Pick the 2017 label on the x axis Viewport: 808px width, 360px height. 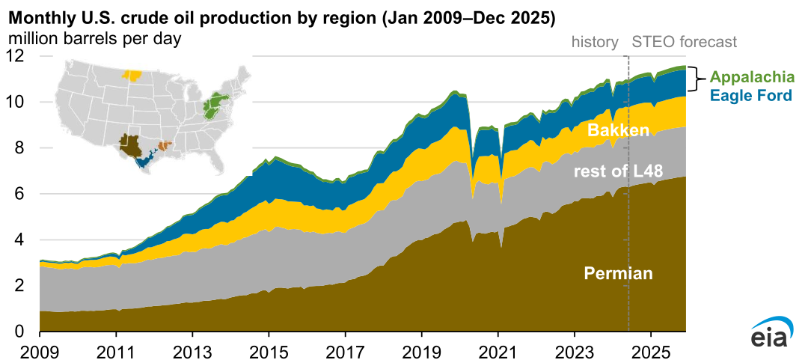coord(345,350)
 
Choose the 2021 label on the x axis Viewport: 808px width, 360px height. coord(498,350)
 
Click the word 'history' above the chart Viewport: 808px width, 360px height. coord(595,41)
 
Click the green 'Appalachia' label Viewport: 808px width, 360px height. coord(747,76)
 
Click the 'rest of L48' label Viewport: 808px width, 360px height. coord(618,171)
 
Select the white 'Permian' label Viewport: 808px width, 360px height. coord(618,273)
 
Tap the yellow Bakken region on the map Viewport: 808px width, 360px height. coord(132,75)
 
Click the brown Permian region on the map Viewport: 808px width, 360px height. coord(130,145)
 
